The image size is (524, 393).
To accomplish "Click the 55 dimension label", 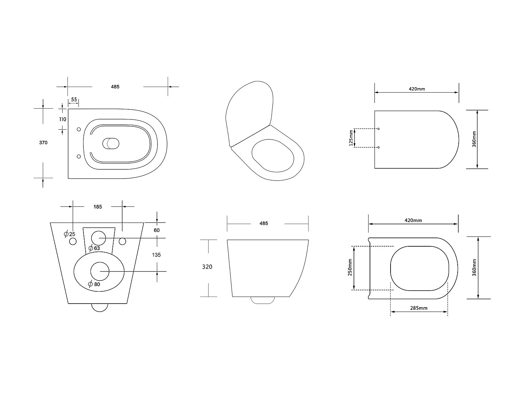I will coord(74,100).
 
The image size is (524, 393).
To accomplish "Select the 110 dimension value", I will coord(63,119).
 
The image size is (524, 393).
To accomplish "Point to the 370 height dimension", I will coord(43,143).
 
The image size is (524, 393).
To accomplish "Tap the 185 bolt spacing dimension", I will coord(97,207).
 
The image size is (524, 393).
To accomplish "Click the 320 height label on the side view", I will coord(207,267).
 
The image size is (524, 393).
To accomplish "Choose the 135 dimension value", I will coord(156,255).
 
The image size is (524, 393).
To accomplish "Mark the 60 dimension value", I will coord(157,230).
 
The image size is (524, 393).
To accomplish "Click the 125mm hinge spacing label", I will coord(351,138).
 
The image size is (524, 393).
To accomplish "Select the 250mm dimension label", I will coord(350,268).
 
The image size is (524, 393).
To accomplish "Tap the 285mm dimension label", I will coord(419,308).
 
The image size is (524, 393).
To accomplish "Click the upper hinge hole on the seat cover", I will coord(379,129).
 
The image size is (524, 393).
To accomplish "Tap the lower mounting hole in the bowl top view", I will coord(79,157).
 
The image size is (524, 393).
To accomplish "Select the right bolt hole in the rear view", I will coord(123,241).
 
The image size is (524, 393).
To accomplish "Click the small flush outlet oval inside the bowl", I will coord(111,143).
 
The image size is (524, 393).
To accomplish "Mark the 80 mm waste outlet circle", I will coord(100,271).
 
